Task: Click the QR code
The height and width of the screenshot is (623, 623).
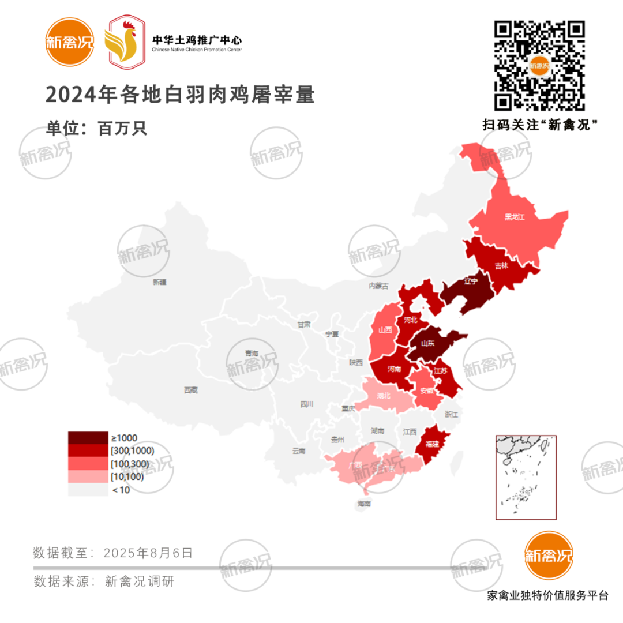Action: tap(540, 66)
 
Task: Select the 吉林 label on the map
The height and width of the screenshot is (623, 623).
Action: tap(501, 266)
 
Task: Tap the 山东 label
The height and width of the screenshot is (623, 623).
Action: tap(428, 343)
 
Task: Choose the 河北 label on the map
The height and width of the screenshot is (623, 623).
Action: tap(411, 320)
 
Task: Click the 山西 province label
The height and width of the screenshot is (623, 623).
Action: tap(385, 331)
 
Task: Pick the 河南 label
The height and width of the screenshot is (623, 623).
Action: tap(395, 369)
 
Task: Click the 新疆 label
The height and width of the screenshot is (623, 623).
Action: tap(160, 282)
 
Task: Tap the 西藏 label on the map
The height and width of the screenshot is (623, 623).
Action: tap(190, 391)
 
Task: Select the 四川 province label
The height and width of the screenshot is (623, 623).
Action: tap(306, 404)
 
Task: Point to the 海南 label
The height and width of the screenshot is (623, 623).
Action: tap(364, 504)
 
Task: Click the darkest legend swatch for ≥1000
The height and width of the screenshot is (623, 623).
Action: tap(88, 438)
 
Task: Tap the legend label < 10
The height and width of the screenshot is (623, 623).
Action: tap(121, 490)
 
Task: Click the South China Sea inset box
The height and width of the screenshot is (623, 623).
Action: tap(526, 477)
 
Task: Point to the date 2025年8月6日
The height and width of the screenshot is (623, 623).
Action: tap(148, 553)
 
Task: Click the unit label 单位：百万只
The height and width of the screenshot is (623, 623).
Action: tap(97, 128)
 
